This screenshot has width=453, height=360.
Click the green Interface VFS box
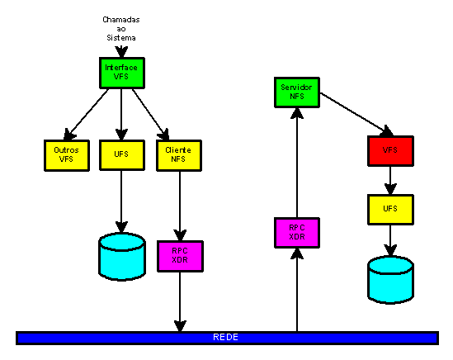122,73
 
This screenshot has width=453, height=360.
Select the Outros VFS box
67,155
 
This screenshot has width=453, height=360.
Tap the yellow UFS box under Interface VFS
122,155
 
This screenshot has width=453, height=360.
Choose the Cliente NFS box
179,155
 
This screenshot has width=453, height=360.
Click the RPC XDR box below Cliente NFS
180,256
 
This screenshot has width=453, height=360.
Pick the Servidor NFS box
297,92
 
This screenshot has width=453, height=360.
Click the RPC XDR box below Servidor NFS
297,233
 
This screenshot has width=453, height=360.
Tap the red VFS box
390,151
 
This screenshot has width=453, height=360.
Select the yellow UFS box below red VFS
390,210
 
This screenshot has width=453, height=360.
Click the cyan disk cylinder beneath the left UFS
122,257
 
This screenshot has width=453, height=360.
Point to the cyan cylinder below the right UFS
390,280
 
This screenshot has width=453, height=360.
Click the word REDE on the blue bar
225,337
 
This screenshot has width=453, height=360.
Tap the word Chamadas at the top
121,20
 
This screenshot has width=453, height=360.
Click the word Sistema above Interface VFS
121,38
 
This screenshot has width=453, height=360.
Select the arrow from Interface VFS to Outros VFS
86,115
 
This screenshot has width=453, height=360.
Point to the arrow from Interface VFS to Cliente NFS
150,115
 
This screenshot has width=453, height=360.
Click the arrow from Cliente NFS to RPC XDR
180,206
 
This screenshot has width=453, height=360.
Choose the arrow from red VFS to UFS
390,181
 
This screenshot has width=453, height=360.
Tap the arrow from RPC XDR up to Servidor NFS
297,163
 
